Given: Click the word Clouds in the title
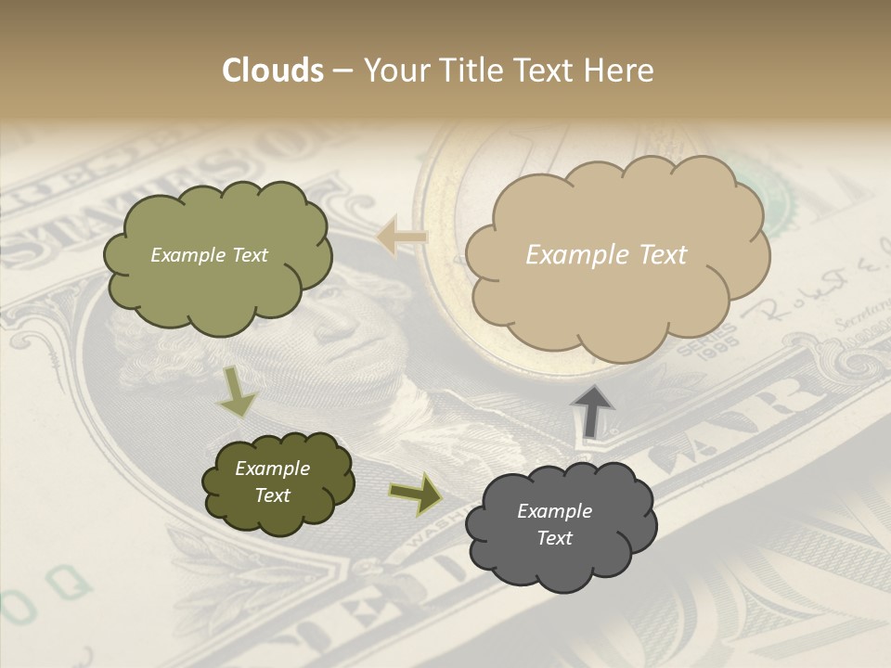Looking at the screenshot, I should (273, 71).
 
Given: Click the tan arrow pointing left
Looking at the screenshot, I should (401, 238).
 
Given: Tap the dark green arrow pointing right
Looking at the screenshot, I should (415, 495).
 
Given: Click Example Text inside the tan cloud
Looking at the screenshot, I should (606, 255).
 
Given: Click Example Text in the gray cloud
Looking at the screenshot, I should (554, 524).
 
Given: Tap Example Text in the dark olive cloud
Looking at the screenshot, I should (272, 482).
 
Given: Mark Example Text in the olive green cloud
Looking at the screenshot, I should (209, 255).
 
